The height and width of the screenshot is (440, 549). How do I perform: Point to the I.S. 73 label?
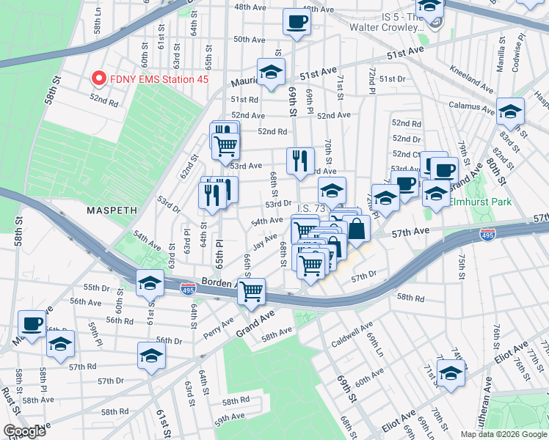(310, 208)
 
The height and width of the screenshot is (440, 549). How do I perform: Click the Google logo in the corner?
(24, 431)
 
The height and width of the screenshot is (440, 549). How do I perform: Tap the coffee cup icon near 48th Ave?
(297, 22)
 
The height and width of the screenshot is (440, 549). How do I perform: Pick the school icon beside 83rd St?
(510, 112)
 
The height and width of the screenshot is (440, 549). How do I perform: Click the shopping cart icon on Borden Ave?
(251, 291)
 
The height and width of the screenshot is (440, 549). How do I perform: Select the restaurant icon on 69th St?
(299, 161)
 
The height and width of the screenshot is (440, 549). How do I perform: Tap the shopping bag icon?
(356, 228)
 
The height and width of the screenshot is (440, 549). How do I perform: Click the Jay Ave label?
(264, 238)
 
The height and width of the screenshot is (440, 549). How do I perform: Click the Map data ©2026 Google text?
(503, 434)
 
